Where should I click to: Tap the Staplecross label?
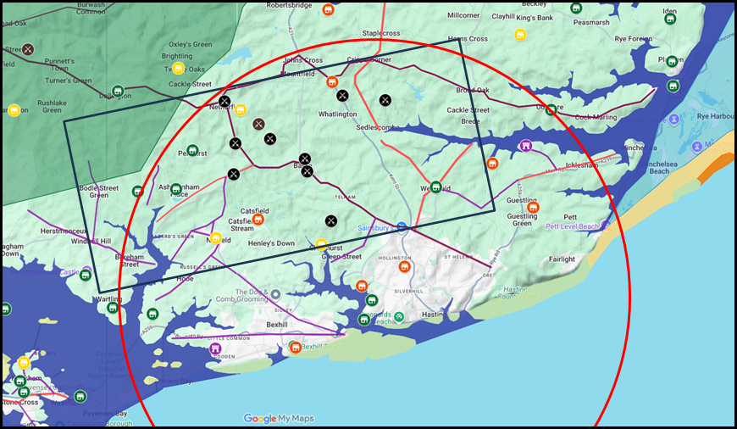pyautogui.click(x=380, y=33)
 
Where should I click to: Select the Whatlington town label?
pyautogui.click(x=337, y=114)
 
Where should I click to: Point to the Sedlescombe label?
pyautogui.click(x=378, y=127)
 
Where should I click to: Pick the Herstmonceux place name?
pyautogui.click(x=58, y=229)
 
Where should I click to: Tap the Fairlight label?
pyautogui.click(x=562, y=259)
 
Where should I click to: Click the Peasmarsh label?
pyautogui.click(x=591, y=22)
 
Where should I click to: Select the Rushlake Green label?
pyautogui.click(x=53, y=105)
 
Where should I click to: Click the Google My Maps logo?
pyautogui.click(x=279, y=418)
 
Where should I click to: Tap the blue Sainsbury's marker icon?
pyautogui.click(x=403, y=227)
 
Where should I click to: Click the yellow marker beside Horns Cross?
pyautogui.click(x=521, y=35)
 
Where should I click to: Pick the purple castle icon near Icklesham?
pyautogui.click(x=526, y=145)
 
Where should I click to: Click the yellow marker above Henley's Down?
pyautogui.click(x=321, y=245)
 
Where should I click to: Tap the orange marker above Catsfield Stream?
pyautogui.click(x=258, y=219)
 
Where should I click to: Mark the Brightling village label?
pyautogui.click(x=177, y=56)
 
